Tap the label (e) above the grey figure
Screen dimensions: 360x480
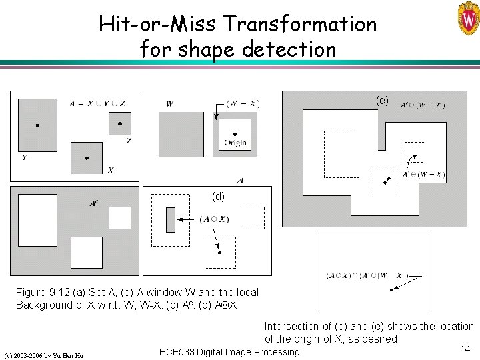(382, 100)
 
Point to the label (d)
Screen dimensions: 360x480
(218, 197)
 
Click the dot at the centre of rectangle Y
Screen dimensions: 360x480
(37, 125)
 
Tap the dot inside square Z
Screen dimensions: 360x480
(120, 124)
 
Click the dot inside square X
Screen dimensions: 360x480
(87, 158)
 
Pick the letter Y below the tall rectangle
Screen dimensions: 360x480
(24, 158)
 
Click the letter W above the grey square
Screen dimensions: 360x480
(169, 104)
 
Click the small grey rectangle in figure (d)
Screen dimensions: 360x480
(170, 219)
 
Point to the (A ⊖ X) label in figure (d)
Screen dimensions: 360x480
(214, 219)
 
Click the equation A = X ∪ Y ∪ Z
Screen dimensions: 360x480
(97, 103)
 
